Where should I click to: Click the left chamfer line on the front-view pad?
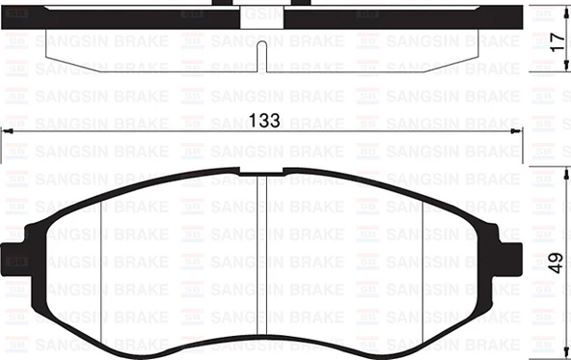(x=102, y=261)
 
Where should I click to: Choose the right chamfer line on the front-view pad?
(x=425, y=261)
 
